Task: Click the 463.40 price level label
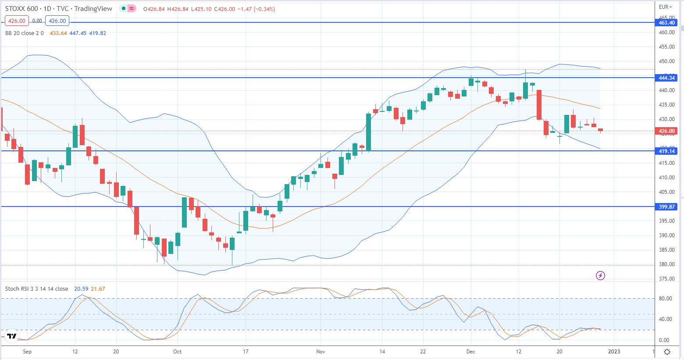point(666,22)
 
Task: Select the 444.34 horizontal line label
point(666,78)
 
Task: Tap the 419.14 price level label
point(666,151)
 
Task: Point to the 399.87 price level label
point(666,207)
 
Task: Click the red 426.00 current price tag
point(666,131)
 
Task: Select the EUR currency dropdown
point(665,7)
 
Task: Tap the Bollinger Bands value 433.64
point(58,33)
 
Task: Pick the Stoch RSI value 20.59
point(81,289)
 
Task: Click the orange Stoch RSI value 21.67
point(98,289)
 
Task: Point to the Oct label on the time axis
point(177,351)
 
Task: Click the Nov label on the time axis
point(321,351)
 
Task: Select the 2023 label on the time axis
point(614,351)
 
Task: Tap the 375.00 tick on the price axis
point(666,279)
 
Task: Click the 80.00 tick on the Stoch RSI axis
point(665,299)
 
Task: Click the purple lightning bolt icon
point(601,275)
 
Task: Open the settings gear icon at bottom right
point(667,352)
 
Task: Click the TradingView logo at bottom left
point(12,336)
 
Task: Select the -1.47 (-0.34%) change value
point(256,9)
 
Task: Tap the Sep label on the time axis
point(27,351)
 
